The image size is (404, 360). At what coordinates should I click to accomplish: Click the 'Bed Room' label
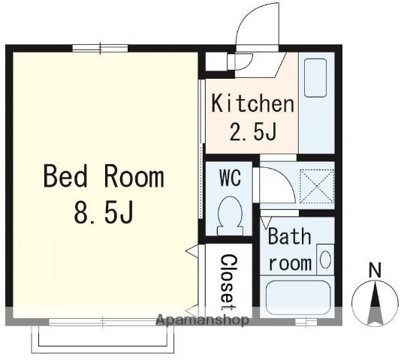click(104, 176)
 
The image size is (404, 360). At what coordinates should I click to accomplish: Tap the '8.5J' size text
click(104, 212)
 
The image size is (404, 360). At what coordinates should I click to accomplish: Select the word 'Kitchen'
click(252, 103)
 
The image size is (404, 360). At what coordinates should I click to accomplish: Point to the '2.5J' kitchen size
click(252, 132)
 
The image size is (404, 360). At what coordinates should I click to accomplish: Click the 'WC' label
click(230, 177)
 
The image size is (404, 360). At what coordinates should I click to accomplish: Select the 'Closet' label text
click(228, 282)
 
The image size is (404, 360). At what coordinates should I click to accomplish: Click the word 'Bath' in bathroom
click(289, 236)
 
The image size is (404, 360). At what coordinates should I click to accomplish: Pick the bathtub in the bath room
click(298, 298)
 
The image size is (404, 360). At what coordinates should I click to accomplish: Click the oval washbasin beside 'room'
click(325, 259)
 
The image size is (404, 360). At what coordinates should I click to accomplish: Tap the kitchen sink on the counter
click(315, 78)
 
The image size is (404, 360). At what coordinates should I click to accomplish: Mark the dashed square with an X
click(317, 186)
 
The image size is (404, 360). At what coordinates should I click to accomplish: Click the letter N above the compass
click(375, 270)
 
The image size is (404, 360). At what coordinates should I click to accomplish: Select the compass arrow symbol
click(375, 304)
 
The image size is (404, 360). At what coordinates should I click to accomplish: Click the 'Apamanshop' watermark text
click(203, 320)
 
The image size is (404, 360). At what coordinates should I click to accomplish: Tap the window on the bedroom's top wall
click(100, 49)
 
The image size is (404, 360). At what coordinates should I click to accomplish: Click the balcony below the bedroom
click(103, 340)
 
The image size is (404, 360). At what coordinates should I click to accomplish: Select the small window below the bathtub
click(306, 322)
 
